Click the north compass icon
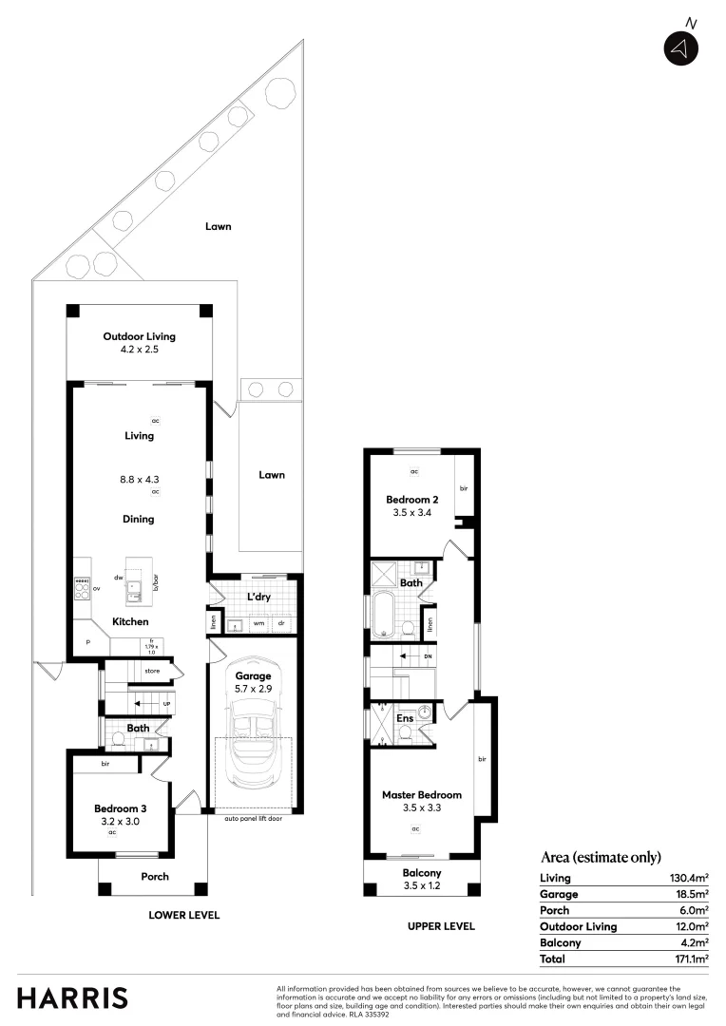681,48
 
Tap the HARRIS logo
72,998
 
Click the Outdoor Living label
139,336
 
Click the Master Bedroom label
421,795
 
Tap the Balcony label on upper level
421,873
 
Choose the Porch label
155,877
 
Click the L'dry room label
259,597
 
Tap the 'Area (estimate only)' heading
600,857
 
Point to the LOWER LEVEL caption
183,916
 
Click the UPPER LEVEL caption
441,926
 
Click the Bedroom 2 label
411,500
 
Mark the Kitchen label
130,621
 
